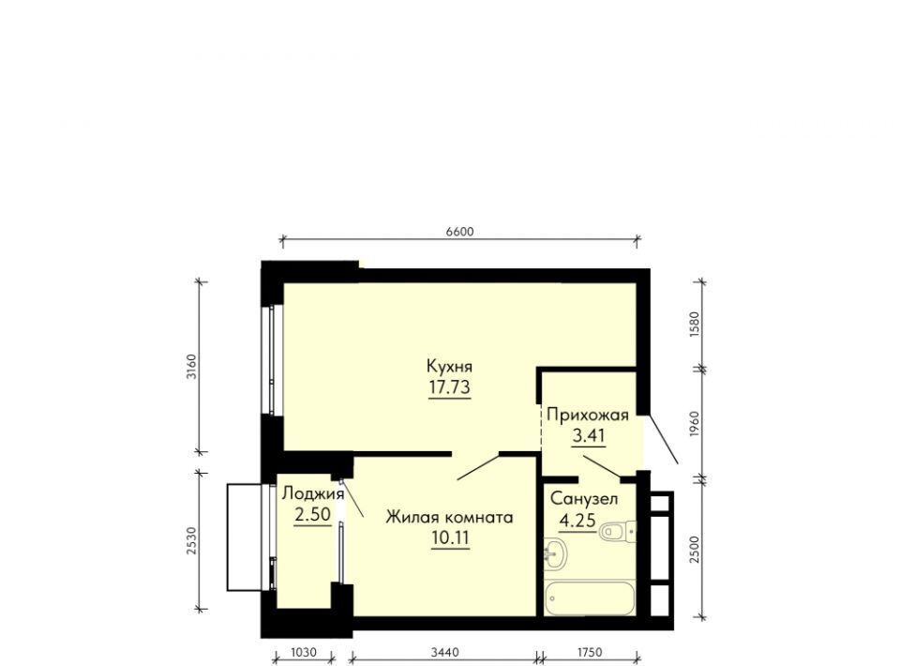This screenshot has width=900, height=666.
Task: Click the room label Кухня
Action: click(x=449, y=366)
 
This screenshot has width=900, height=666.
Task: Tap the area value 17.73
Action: click(x=449, y=387)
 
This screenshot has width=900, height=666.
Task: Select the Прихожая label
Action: click(x=588, y=415)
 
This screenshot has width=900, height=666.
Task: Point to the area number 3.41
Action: click(x=589, y=436)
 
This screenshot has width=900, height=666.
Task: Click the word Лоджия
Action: click(x=313, y=493)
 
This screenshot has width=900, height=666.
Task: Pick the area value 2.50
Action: click(x=313, y=514)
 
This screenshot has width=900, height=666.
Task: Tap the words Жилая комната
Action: click(x=449, y=517)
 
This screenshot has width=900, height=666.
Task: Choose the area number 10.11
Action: click(x=451, y=538)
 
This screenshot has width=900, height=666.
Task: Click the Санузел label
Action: click(x=584, y=499)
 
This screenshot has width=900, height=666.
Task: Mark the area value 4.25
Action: click(x=577, y=521)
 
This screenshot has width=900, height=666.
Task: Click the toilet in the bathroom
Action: click(x=618, y=531)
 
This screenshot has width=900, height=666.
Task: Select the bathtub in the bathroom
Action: click(x=590, y=598)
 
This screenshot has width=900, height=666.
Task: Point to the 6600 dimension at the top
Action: click(x=459, y=232)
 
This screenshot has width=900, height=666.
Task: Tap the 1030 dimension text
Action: click(x=304, y=652)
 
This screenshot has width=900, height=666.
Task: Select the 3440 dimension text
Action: click(x=444, y=652)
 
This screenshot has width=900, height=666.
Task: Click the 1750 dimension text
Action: click(x=590, y=652)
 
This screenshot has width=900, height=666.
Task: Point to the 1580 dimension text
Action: click(x=695, y=325)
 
